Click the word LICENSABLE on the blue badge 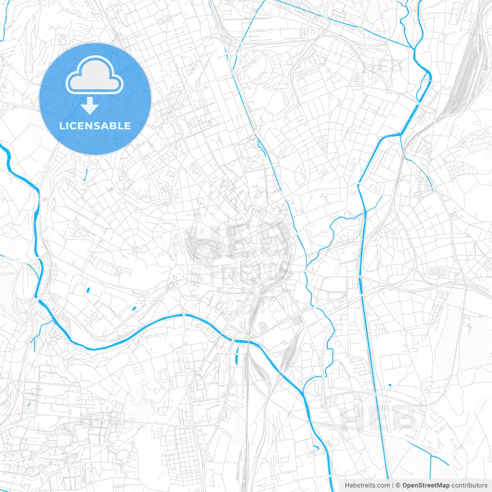coord(95,126)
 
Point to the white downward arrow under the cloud coord(90,106)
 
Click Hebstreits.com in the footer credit coord(367,485)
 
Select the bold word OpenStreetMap coord(426,485)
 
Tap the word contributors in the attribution coord(469,485)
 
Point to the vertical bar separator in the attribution coord(393,485)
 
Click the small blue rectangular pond coord(88,290)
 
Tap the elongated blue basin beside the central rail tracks coord(236,355)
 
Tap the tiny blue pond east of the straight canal coord(390,385)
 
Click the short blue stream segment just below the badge coord(86,175)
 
